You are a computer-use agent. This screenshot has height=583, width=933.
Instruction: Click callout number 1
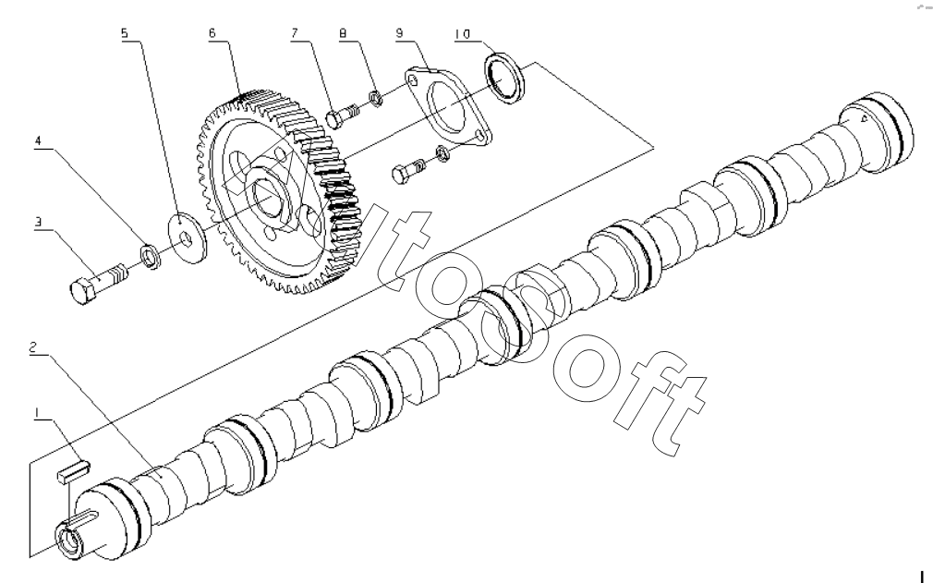[37, 412]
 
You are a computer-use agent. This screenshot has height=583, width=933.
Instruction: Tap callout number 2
[34, 346]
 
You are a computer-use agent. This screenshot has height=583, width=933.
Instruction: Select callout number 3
[38, 222]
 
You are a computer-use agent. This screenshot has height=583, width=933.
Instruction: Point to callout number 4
[38, 141]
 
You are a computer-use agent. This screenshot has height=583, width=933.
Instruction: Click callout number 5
[125, 32]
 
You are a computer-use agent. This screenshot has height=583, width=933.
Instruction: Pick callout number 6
[212, 32]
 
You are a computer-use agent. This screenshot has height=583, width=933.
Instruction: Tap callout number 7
[294, 32]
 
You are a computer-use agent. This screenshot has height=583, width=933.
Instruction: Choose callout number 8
[343, 33]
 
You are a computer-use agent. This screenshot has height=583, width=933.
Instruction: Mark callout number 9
[399, 32]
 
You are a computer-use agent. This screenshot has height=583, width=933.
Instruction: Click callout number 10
[462, 34]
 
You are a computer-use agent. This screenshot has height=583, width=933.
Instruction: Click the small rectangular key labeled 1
[74, 469]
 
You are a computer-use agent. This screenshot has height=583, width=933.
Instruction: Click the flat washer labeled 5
[187, 236]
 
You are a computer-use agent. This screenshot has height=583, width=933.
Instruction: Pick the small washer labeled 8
[375, 97]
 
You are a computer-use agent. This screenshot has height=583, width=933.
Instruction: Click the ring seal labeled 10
[504, 78]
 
